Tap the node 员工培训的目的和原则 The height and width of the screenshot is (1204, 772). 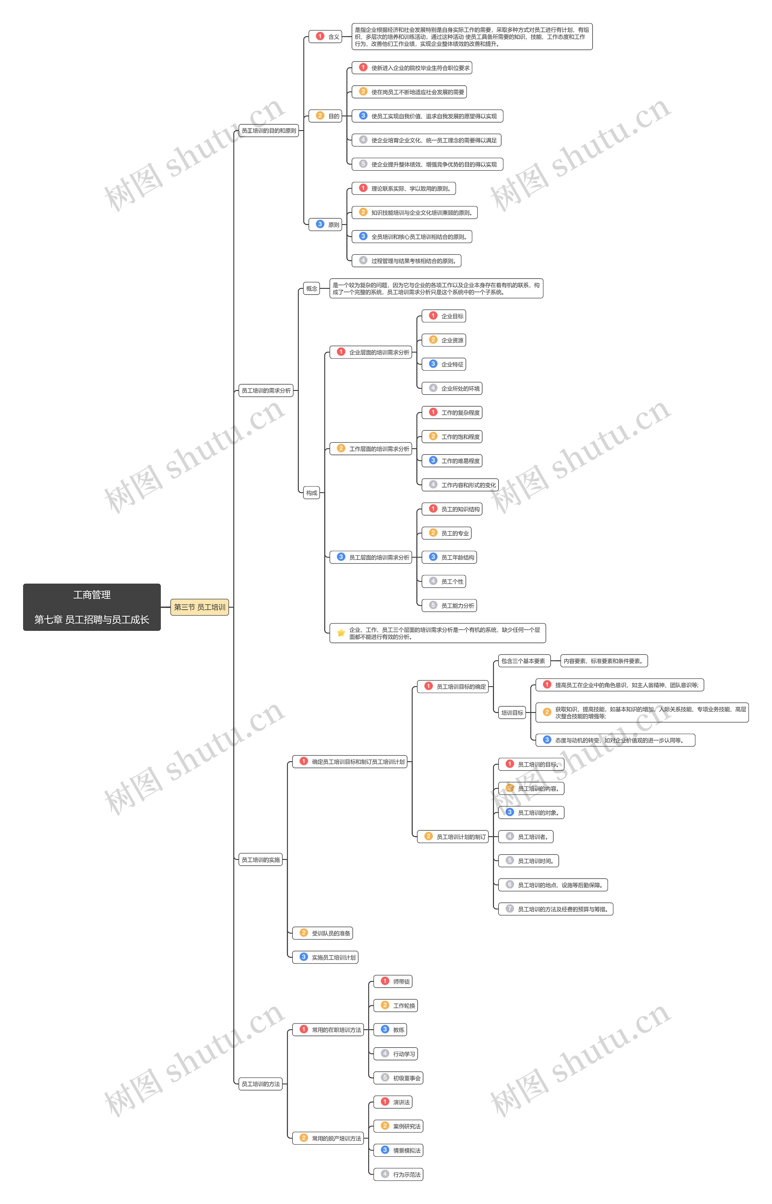269,131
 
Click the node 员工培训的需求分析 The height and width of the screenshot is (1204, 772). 266,391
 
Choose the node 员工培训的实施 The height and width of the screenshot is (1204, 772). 261,860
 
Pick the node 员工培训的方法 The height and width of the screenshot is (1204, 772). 261,1084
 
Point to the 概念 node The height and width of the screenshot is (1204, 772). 312,289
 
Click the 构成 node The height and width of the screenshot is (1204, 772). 312,493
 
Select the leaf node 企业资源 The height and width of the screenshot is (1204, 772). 444,340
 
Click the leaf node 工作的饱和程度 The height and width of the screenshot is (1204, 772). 452,437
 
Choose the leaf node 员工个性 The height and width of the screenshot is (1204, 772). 444,581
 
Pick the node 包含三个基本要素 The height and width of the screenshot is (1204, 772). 523,661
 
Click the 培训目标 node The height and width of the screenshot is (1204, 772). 512,713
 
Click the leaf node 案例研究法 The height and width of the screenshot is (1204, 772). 399,1126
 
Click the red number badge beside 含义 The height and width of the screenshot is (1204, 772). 320,36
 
